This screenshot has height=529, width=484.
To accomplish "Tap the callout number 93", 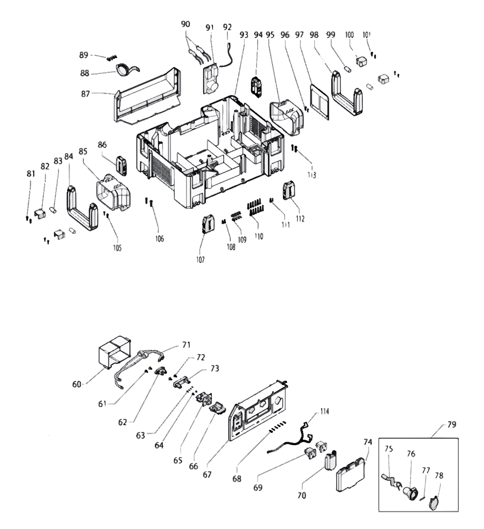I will [x=243, y=35].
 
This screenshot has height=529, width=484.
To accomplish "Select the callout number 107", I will [x=200, y=260].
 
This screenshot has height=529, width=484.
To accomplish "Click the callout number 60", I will [x=77, y=384].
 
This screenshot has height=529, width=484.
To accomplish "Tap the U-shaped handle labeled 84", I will [x=80, y=211].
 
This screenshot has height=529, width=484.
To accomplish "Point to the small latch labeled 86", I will [x=121, y=166].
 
